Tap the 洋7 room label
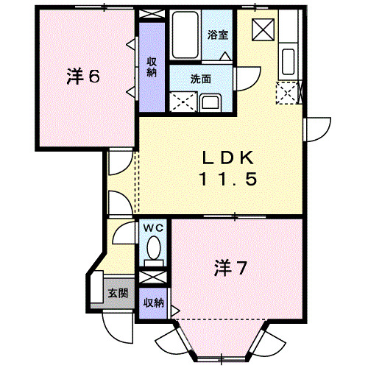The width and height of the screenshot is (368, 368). (230, 267)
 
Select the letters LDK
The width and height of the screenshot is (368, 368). (229, 158)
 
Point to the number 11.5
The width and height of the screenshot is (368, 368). (229, 179)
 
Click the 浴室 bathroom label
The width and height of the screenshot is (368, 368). (217, 35)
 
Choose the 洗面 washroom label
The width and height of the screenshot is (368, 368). (201, 78)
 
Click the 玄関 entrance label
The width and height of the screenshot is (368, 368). (118, 294)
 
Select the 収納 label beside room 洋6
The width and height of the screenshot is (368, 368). (152, 67)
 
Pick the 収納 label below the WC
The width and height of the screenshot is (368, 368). (153, 302)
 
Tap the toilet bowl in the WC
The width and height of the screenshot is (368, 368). (153, 250)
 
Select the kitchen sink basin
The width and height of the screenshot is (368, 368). (288, 62)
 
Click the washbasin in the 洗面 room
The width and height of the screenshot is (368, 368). (209, 102)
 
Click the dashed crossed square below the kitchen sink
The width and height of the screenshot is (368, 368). (287, 92)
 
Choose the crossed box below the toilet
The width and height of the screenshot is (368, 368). (153, 278)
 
